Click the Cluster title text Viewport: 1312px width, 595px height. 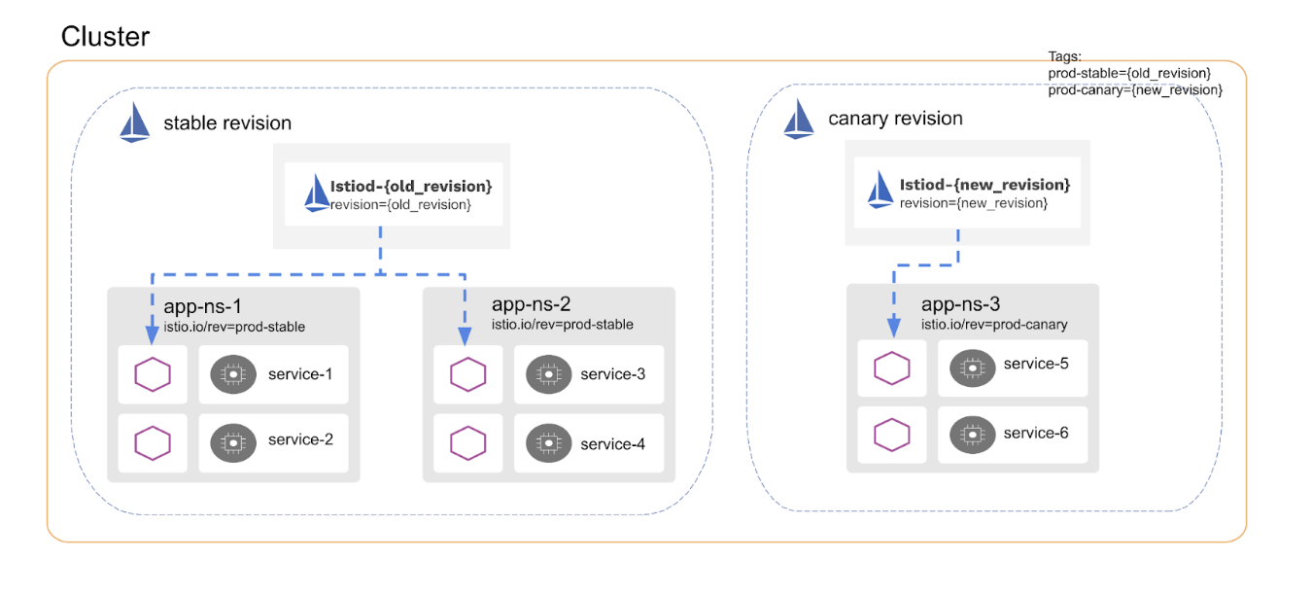pyautogui.click(x=105, y=37)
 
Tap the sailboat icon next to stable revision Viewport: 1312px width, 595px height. pyautogui.click(x=135, y=124)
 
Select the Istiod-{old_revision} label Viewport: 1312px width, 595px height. pyautogui.click(x=410, y=186)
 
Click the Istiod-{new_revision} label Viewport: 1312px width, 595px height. pyautogui.click(x=984, y=184)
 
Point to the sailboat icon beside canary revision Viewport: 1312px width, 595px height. pyautogui.click(x=799, y=120)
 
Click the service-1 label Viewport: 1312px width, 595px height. pyautogui.click(x=300, y=374)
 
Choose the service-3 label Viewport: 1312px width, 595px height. pyautogui.click(x=612, y=374)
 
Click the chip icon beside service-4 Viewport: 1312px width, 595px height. pyautogui.click(x=548, y=443)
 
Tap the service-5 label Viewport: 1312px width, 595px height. pyautogui.click(x=1036, y=364)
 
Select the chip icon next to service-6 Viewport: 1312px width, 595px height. pyautogui.click(x=970, y=433)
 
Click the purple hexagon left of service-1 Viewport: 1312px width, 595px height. pyautogui.click(x=153, y=374)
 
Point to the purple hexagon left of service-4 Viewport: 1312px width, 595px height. pyautogui.click(x=468, y=443)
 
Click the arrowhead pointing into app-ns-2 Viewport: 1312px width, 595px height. pyautogui.click(x=465, y=335)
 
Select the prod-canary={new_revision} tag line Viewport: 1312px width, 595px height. pyautogui.click(x=1134, y=89)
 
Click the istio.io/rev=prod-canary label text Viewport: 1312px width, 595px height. pyautogui.click(x=994, y=324)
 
